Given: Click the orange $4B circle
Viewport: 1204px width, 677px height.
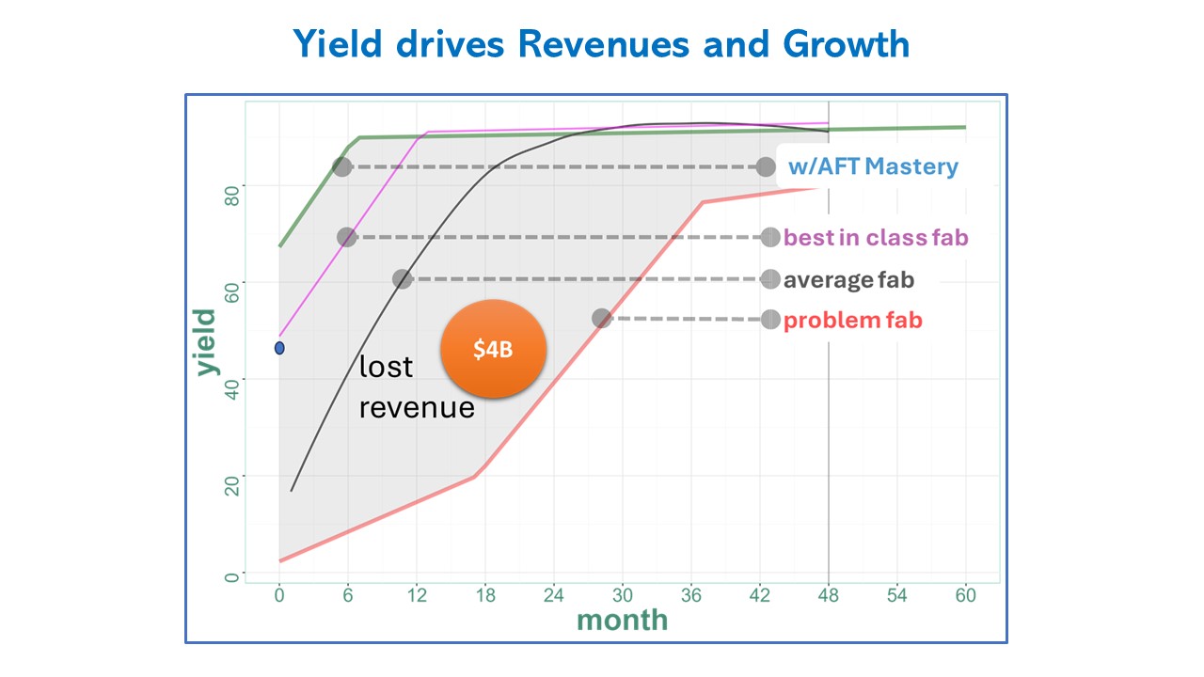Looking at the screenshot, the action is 494,349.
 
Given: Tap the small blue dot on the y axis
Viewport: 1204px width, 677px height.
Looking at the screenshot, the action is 279,348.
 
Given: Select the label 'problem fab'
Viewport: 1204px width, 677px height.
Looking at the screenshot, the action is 852,321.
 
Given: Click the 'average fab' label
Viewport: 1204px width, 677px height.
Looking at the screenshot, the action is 848,280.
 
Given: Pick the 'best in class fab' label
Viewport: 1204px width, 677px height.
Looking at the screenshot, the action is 876,238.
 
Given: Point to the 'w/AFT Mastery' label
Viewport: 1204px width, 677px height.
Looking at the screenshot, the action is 873,166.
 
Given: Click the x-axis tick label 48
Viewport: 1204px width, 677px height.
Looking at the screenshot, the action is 829,595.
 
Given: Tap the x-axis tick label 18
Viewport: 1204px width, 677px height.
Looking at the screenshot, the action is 485,595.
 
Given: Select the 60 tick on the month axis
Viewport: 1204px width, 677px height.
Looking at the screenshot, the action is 965,595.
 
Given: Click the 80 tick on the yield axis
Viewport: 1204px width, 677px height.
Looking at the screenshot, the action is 231,196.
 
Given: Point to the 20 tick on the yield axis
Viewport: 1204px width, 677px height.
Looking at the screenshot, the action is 231,486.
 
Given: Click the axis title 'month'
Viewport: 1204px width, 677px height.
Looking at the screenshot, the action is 623,620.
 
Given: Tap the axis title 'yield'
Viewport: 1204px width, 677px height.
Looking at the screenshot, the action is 207,342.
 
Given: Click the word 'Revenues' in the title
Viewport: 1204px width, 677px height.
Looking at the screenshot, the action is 604,43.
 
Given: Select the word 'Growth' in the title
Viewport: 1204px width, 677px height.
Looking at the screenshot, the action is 846,43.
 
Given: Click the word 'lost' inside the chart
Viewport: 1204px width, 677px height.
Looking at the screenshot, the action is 386,367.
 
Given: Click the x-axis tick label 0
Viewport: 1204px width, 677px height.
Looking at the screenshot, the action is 279,595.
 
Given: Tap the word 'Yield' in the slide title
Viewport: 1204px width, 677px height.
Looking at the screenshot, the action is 338,43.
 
